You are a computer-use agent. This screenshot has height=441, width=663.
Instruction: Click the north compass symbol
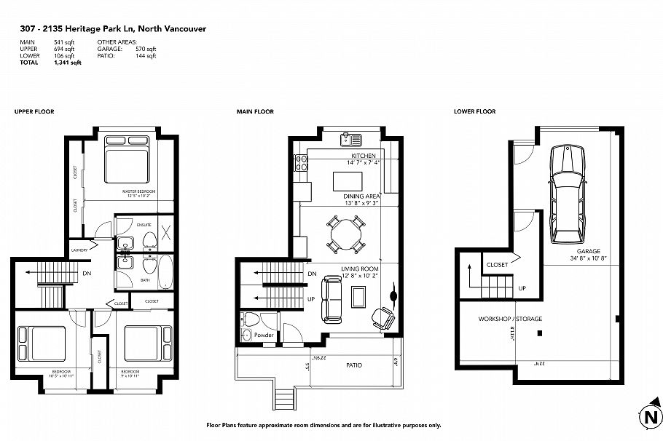click(648, 417)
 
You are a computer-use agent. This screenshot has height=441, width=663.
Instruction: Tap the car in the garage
click(567, 194)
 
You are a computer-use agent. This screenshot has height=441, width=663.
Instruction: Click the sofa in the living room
click(334, 300)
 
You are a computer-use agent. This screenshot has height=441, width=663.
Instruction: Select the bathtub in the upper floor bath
click(166, 270)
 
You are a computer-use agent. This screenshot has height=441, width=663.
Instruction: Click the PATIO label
click(353, 365)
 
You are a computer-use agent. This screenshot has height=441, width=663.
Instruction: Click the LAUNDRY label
click(79, 250)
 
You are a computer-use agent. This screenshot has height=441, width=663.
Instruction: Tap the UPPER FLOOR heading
click(34, 111)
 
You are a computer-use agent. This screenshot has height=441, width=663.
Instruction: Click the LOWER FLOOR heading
click(474, 111)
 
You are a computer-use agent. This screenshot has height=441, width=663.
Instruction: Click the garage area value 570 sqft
click(146, 48)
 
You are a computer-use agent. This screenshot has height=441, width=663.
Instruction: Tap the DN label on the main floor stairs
click(312, 274)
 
